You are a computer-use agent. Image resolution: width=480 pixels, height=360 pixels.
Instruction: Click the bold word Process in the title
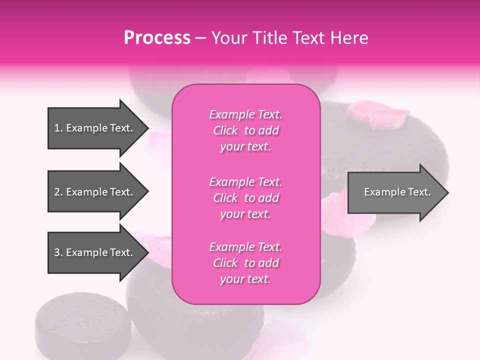[157, 38]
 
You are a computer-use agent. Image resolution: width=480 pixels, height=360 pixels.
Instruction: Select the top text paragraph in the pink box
[245, 130]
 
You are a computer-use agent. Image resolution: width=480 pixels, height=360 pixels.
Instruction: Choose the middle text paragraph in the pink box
[245, 198]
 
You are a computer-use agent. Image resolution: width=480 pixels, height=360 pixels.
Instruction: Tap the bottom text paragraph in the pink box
[245, 263]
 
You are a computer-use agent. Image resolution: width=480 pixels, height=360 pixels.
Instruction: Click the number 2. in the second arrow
[58, 192]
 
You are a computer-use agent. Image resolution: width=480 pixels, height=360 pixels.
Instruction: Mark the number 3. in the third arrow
[58, 252]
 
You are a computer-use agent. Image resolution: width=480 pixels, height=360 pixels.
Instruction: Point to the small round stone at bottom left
[82, 325]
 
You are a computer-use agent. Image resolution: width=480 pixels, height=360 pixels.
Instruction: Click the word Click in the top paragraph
[225, 130]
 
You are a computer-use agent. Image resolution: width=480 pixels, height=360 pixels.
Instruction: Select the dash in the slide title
[201, 38]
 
